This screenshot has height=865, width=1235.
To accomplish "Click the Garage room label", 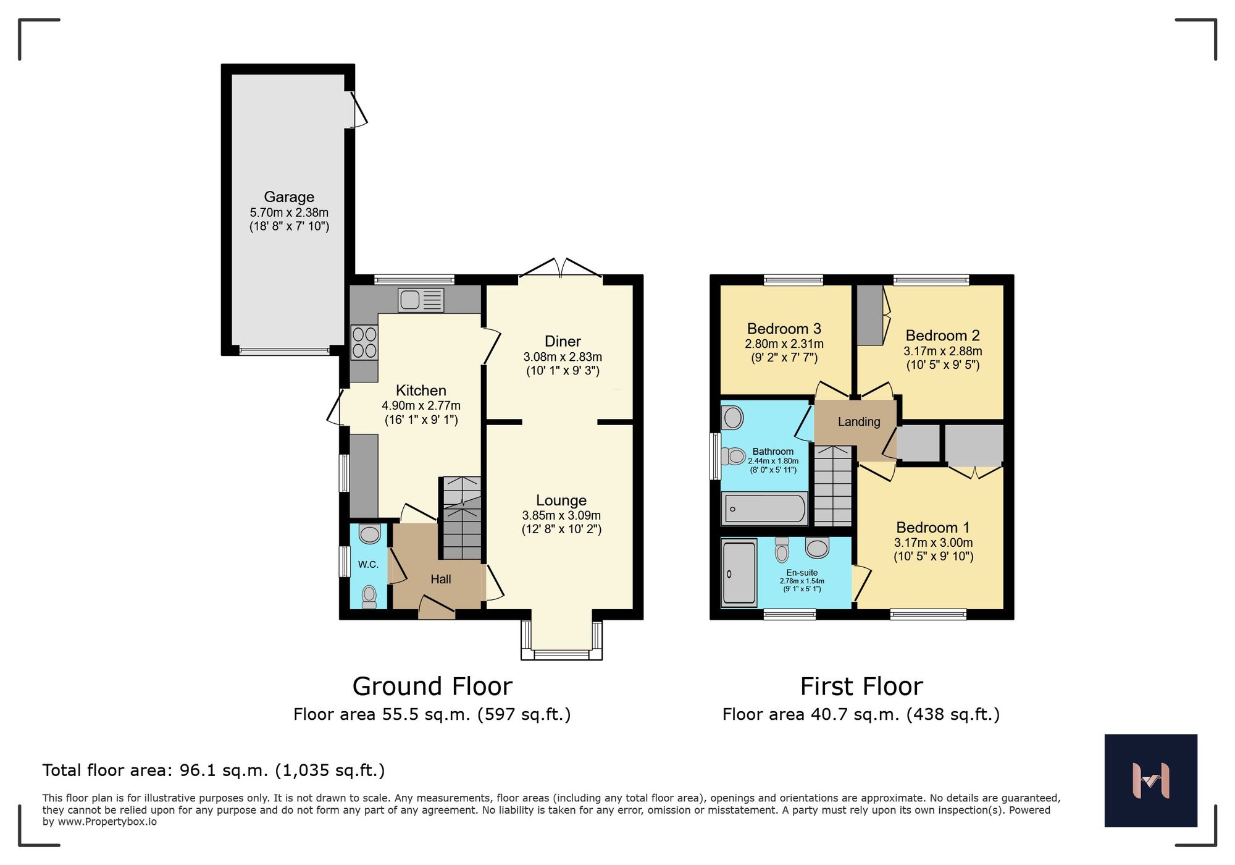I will click(x=289, y=197).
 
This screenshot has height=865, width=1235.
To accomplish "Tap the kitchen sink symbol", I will click(x=421, y=300).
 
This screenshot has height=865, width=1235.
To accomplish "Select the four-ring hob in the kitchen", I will click(x=364, y=342).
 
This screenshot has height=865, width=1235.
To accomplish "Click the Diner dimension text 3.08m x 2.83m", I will click(x=563, y=357).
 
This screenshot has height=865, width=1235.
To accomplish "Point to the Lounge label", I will click(x=561, y=500).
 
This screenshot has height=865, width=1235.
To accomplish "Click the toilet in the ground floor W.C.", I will click(x=369, y=596).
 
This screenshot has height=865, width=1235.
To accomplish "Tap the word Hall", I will click(x=440, y=580).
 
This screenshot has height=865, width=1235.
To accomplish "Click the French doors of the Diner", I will click(x=561, y=271).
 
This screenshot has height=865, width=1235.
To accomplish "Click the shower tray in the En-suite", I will click(x=739, y=572).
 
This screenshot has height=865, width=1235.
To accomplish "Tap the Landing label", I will click(x=858, y=422).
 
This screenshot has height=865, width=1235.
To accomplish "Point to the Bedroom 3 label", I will click(x=784, y=329).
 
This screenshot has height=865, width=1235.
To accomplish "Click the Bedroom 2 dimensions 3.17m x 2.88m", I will click(x=942, y=351).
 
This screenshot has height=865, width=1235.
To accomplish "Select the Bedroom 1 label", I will click(x=932, y=528).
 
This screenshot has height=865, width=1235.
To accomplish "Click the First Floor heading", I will click(x=861, y=686).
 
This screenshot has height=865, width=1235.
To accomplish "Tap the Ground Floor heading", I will click(x=432, y=686).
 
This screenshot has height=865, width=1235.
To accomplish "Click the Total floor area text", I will click(x=214, y=770).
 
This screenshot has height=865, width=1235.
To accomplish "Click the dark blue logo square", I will click(x=1150, y=780).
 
